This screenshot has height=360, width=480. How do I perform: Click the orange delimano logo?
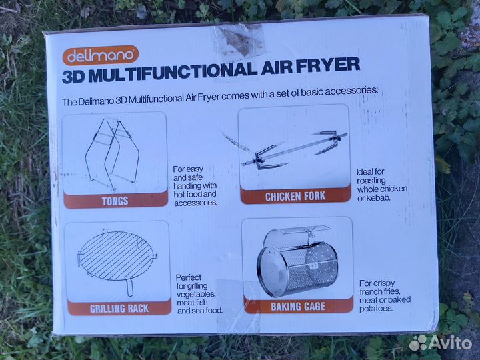[x=101, y=55]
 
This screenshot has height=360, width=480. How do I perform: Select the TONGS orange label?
[x=115, y=201]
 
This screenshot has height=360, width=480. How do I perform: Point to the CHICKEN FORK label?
[x=295, y=197]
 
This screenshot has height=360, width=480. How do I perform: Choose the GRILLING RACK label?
[x=119, y=308]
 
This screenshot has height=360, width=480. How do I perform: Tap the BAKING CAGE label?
[x=298, y=306]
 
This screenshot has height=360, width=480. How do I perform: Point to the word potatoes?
[x=375, y=308]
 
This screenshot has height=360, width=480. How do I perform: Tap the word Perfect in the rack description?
[x=189, y=277]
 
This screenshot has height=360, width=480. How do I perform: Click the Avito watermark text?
[x=454, y=343]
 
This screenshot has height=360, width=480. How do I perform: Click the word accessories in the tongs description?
[x=196, y=203]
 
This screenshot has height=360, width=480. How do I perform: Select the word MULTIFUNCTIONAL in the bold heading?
[x=174, y=72]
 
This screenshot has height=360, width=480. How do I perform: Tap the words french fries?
[x=379, y=291]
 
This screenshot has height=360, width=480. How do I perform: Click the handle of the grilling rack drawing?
[x=130, y=287]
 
